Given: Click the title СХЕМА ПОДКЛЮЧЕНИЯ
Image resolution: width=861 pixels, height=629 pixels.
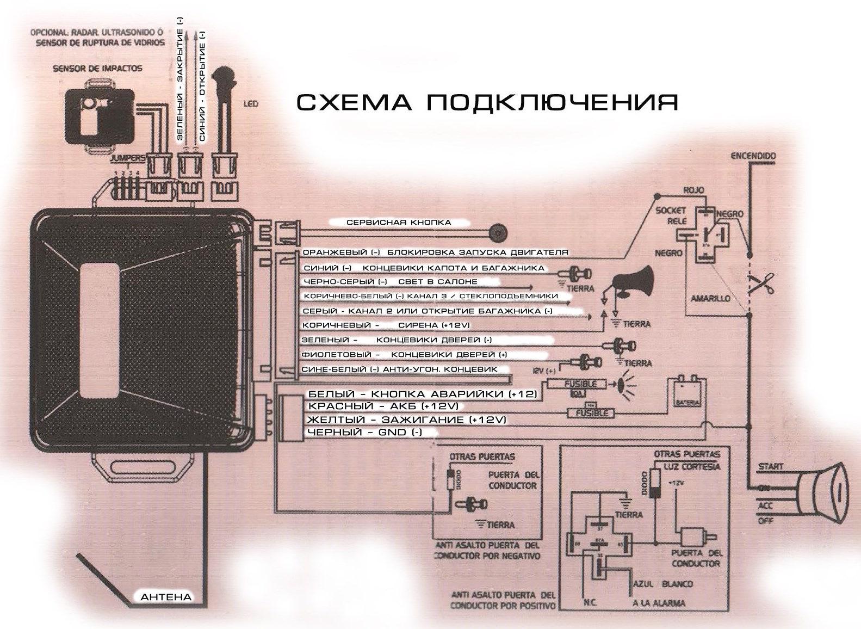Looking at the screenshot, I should pos(487,102).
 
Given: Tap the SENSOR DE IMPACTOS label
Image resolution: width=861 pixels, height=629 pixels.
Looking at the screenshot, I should pos(98,69).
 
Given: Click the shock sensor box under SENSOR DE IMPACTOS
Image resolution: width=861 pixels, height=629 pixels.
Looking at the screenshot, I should pos(100,115).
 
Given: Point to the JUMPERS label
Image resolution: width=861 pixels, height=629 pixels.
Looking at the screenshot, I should pos(127,158).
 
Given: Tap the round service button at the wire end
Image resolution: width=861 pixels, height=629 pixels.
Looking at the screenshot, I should pos(496,232).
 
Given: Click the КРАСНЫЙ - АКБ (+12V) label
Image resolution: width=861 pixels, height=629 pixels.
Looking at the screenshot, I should pos(383,406).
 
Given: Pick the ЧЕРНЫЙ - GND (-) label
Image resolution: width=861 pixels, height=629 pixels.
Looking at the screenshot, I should pos(364,433).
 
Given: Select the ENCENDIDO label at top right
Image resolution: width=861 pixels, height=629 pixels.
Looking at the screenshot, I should pos(753,156).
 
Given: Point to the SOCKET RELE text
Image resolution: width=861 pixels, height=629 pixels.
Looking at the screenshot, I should pos(671,215).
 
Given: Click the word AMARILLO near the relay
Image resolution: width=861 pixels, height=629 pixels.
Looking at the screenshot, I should pos(710,299).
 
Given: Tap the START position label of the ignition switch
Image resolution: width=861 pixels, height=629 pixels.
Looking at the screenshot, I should pos(771,466).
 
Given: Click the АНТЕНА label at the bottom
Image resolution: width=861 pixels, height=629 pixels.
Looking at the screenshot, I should pos(166,597).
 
